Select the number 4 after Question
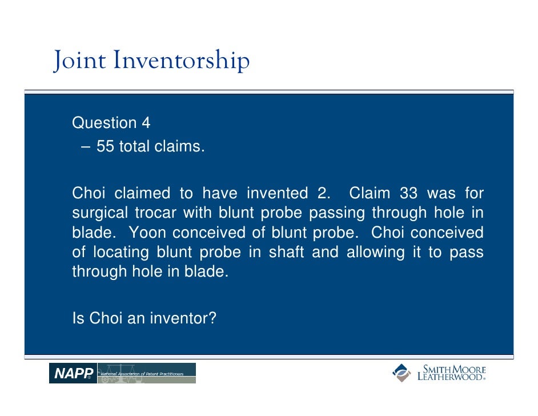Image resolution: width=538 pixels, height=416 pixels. (x=146, y=123)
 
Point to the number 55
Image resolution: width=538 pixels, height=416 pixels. (x=105, y=147)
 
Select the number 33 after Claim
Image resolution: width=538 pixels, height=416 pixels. (x=408, y=193)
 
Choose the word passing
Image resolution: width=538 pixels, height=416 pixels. (x=338, y=214)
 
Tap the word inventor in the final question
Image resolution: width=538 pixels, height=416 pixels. (x=183, y=318)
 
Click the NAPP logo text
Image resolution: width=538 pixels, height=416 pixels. (x=73, y=374)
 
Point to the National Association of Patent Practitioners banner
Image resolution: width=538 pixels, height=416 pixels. (x=147, y=373)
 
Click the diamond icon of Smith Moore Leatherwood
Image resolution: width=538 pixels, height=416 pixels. (x=401, y=373)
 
